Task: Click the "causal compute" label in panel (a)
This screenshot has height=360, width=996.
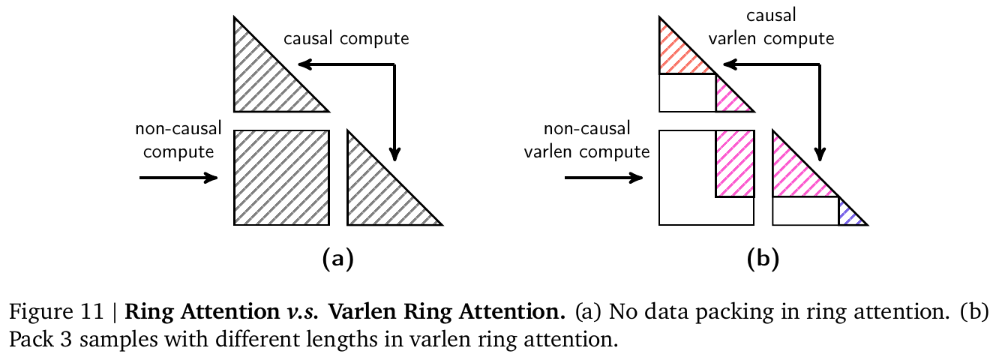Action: click(346, 39)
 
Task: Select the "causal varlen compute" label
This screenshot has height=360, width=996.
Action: click(781, 28)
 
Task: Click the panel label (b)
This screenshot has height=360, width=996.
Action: click(763, 259)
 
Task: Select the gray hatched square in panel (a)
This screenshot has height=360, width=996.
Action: click(281, 178)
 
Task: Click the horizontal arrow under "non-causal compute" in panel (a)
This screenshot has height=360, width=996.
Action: click(178, 178)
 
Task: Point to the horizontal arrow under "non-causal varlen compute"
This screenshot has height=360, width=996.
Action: click(602, 178)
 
